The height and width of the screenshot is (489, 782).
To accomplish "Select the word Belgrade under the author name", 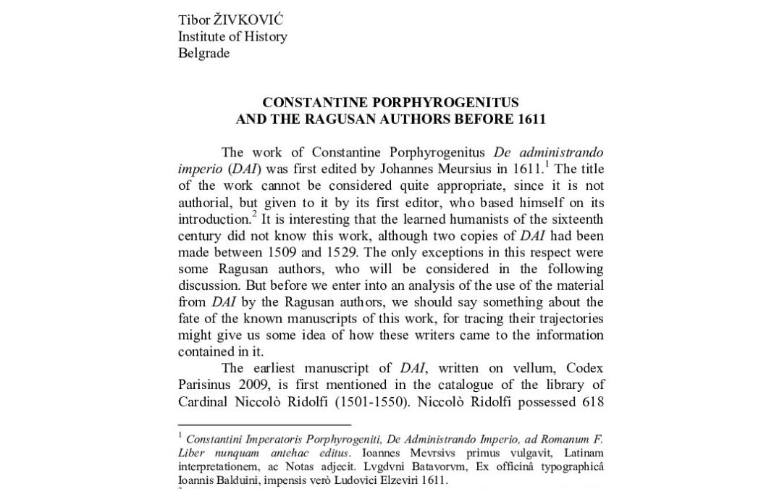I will [203, 54].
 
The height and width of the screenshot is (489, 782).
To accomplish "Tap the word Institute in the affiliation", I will [203, 36].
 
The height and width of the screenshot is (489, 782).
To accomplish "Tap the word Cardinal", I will [203, 402].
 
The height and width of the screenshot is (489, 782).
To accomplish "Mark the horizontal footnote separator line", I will [264, 425].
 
